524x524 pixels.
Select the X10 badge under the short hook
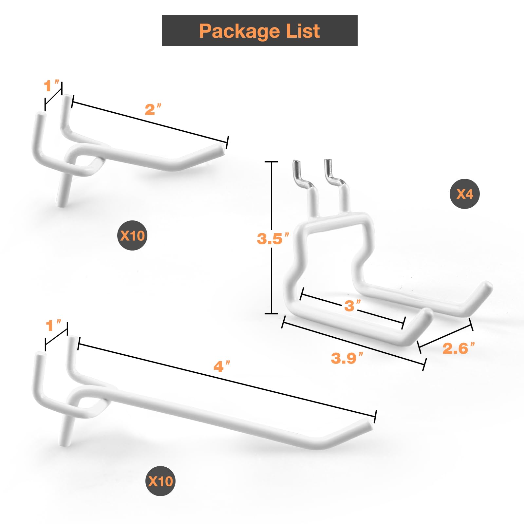tap(132, 235)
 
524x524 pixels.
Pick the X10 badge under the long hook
tap(160, 481)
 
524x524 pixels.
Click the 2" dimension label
tap(153, 109)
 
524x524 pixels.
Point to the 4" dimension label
tap(222, 366)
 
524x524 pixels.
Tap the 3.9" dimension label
tap(347, 358)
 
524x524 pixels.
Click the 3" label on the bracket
tap(352, 305)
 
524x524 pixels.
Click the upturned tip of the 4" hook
tap(369, 425)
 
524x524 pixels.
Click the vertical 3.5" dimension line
tap(271, 238)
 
